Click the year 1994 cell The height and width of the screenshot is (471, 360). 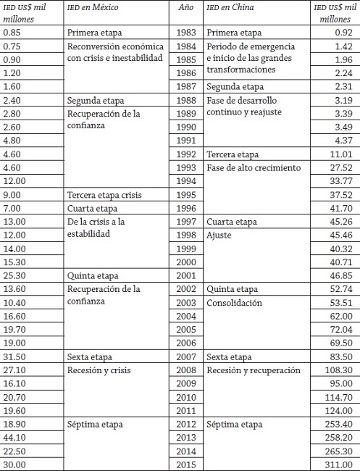187,181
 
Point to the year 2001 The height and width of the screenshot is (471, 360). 187,275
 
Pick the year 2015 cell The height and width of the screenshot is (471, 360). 187,464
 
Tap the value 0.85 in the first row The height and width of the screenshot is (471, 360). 14,33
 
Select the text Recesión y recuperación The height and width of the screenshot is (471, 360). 253,370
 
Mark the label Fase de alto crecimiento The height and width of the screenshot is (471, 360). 254,168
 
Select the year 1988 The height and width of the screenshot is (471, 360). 187,100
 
